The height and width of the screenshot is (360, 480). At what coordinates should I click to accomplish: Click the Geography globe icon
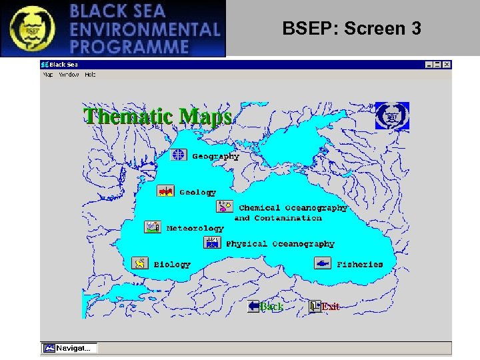179,155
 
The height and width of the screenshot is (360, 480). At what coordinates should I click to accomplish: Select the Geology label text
197,192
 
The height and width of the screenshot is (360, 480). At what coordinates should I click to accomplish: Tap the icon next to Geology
165,191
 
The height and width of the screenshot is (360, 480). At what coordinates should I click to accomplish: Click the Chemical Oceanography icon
225,207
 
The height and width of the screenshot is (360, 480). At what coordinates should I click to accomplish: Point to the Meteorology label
195,228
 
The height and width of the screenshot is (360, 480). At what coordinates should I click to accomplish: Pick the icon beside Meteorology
153,227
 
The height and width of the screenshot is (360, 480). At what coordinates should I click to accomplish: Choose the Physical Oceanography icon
212,243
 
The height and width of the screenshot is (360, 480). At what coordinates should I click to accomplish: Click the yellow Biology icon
140,263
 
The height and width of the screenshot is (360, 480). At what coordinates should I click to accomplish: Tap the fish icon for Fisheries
323,263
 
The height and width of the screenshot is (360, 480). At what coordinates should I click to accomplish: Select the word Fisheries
360,265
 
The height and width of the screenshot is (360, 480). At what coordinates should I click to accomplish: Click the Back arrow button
254,306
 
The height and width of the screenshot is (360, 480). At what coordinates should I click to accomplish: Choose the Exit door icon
315,306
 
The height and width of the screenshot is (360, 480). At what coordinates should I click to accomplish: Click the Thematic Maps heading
157,116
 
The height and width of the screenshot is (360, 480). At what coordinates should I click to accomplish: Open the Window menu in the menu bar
69,75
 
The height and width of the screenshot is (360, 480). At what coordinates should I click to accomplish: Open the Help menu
90,75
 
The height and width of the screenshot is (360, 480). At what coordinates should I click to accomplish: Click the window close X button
447,65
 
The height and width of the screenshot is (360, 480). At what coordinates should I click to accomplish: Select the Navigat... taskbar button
69,348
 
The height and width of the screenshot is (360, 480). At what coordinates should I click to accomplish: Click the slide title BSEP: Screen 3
351,29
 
